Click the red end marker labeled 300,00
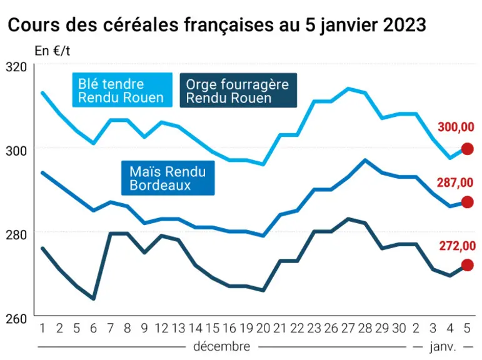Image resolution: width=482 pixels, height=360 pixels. [x=467, y=149]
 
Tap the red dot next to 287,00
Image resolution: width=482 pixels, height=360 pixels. [x=467, y=202]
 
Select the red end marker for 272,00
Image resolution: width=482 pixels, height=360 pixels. [x=467, y=265]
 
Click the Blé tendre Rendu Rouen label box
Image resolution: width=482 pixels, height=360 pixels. [x=122, y=90]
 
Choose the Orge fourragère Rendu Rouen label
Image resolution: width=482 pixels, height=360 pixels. [x=238, y=91]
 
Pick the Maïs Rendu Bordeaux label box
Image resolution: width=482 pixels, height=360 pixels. [x=168, y=178]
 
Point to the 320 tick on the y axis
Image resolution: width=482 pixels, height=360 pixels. [x=16, y=67]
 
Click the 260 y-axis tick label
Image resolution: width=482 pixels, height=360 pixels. [x=16, y=319]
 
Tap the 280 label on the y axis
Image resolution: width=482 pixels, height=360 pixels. [x=16, y=235]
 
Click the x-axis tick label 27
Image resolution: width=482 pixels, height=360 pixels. [x=348, y=328]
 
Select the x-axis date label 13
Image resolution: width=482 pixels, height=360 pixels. [x=178, y=328]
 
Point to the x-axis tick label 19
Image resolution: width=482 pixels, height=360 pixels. [x=246, y=328]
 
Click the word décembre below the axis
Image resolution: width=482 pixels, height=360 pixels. [x=222, y=347]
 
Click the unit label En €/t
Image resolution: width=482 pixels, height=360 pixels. [x=53, y=51]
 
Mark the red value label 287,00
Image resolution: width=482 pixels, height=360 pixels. [x=455, y=182]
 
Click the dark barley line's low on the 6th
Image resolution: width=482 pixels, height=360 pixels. [x=93, y=299]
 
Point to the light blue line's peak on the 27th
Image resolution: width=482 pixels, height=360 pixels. [x=348, y=89]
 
